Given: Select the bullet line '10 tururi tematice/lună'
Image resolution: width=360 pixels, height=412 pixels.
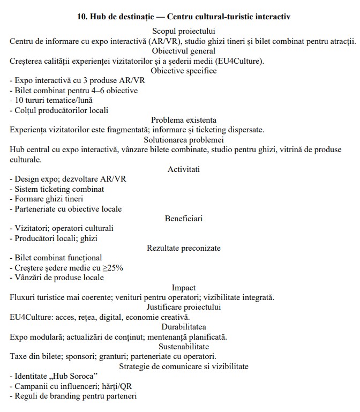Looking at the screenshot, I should point(48,100).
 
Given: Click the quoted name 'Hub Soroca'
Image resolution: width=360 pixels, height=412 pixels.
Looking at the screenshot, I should point(69,376).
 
